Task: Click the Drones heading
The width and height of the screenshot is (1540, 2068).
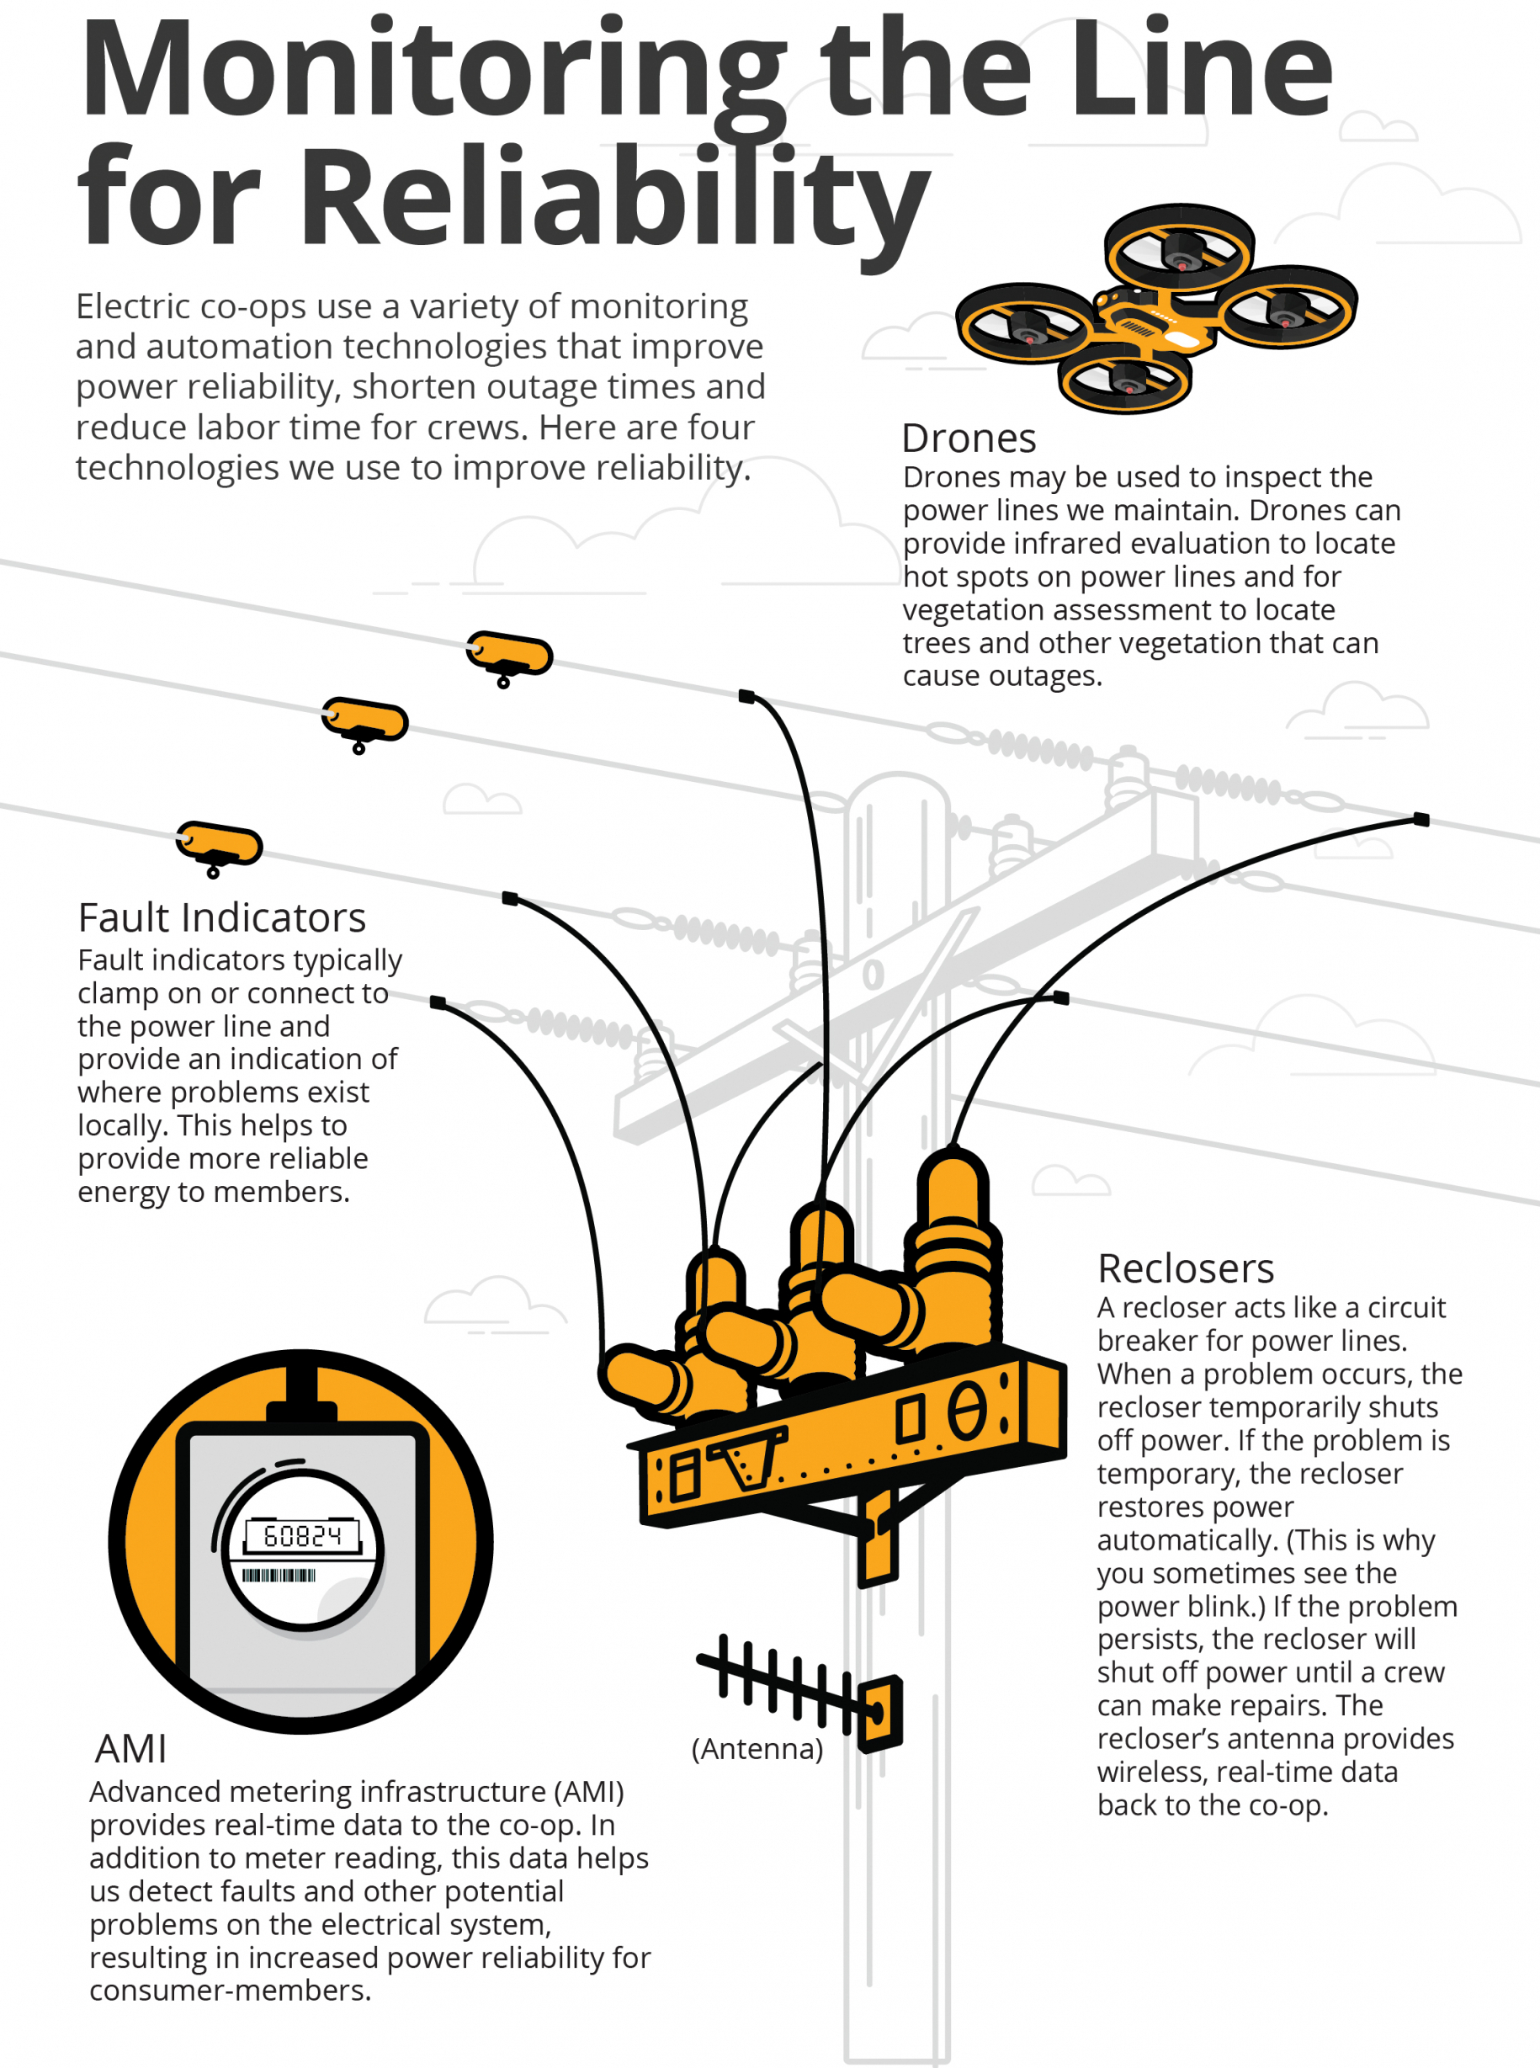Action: [x=969, y=439]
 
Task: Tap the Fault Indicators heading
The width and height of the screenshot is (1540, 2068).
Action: [x=222, y=917]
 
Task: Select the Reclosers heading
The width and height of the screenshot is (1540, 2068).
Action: [x=1185, y=1268]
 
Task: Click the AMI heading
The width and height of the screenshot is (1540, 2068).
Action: [x=130, y=1748]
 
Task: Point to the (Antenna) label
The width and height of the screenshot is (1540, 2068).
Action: [x=757, y=1748]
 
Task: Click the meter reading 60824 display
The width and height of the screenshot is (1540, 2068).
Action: [x=302, y=1534]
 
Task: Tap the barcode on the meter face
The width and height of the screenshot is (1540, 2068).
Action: [x=279, y=1575]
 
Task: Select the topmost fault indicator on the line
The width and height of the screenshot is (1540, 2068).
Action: [x=510, y=655]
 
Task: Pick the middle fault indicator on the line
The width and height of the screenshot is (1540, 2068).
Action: [x=365, y=720]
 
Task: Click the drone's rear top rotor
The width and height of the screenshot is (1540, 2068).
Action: [x=1179, y=247]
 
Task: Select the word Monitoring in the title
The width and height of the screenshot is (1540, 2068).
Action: [x=433, y=70]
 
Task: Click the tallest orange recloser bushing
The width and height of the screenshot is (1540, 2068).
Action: [x=953, y=1240]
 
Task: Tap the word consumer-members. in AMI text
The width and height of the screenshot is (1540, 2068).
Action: [x=231, y=1990]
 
